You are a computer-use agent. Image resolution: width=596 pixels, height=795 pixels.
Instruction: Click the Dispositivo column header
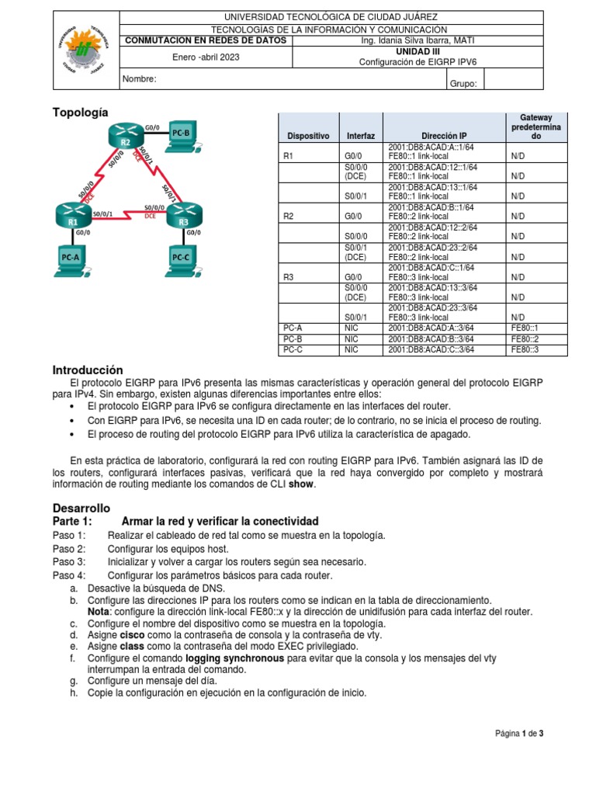point(308,136)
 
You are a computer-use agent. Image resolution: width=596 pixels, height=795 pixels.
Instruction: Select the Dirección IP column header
point(445,136)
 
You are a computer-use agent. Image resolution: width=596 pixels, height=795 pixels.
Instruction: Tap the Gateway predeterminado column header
point(536,126)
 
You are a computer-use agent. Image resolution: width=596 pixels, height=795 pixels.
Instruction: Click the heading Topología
point(81,112)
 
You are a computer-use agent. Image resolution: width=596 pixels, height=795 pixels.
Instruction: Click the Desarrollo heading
point(81,506)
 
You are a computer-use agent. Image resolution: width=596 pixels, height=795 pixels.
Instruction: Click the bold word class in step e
point(133,646)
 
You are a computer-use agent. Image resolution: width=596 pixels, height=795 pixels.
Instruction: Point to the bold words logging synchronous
point(235,658)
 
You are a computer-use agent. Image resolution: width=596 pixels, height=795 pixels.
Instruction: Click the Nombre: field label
point(140,79)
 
